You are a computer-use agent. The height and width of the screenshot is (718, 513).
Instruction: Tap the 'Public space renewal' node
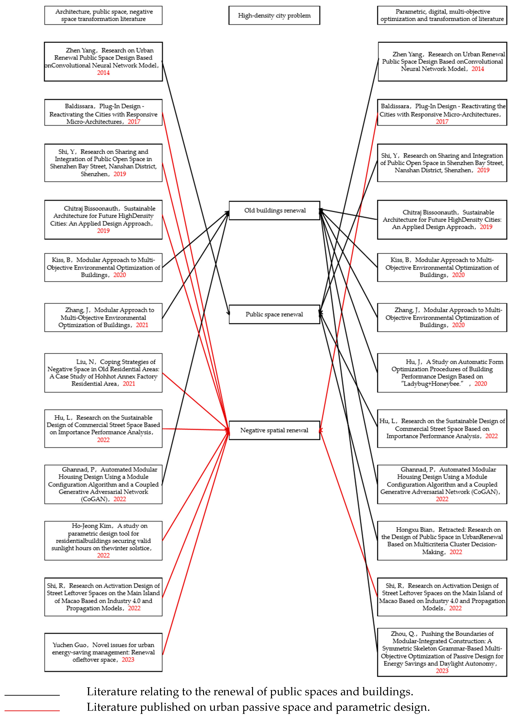274,314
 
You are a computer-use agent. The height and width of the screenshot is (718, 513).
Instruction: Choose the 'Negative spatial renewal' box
274,430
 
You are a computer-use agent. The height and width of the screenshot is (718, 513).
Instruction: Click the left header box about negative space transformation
103,15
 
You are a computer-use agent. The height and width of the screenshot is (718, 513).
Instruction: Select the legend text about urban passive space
258,707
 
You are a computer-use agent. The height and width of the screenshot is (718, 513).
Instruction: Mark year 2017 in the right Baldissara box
442,122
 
